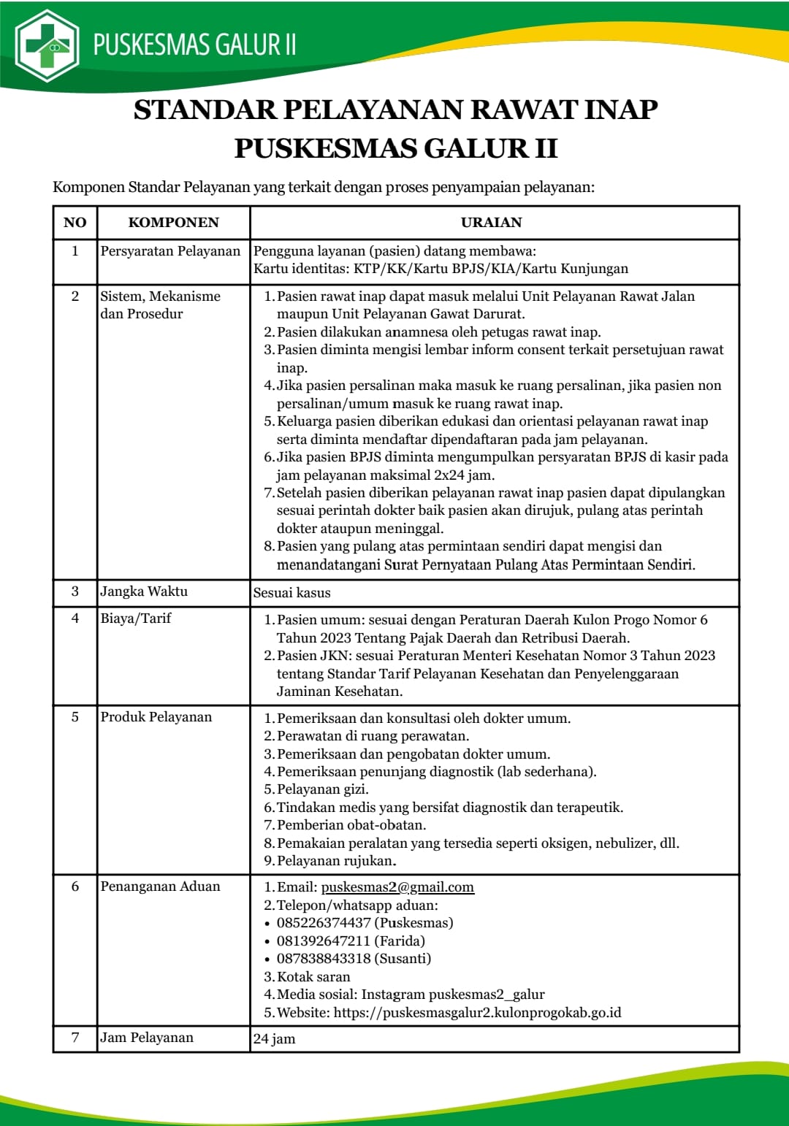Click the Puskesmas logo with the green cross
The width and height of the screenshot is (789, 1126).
pyautogui.click(x=47, y=45)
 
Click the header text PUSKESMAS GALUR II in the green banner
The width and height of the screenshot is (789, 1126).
pyautogui.click(x=194, y=45)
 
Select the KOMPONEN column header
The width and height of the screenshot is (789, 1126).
pyautogui.click(x=173, y=223)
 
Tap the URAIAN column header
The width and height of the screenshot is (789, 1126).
pyautogui.click(x=491, y=223)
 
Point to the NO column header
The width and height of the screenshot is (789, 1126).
pyautogui.click(x=75, y=223)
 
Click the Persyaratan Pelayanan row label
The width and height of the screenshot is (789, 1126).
pyautogui.click(x=170, y=251)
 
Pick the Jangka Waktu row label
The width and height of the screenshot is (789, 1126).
pyautogui.click(x=144, y=591)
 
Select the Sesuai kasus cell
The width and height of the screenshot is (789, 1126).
pyautogui.click(x=291, y=593)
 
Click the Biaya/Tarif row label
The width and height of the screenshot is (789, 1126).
pyautogui.click(x=136, y=618)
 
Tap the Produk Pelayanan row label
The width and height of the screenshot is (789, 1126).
pyautogui.click(x=156, y=717)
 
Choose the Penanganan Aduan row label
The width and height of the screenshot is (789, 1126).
pyautogui.click(x=160, y=886)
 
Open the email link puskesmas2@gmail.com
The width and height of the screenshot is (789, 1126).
pyautogui.click(x=397, y=887)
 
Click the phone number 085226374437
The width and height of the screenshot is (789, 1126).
pyautogui.click(x=324, y=923)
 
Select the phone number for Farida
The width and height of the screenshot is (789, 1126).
pyautogui.click(x=324, y=941)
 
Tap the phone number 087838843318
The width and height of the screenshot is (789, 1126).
pyautogui.click(x=324, y=958)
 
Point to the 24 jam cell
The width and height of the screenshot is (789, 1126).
pyautogui.click(x=274, y=1039)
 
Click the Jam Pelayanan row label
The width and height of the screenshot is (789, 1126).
pyautogui.click(x=147, y=1038)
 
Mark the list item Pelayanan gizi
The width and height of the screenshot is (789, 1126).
pyautogui.click(x=322, y=789)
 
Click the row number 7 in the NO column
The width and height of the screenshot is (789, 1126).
pyautogui.click(x=75, y=1038)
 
